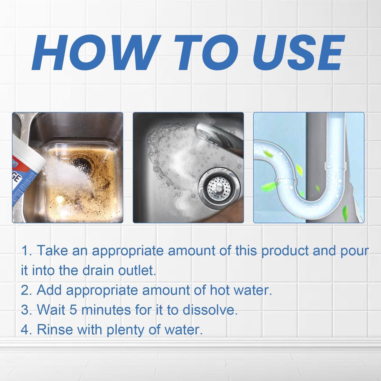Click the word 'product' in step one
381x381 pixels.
[x=285, y=251]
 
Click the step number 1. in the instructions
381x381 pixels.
[x=26, y=250]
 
